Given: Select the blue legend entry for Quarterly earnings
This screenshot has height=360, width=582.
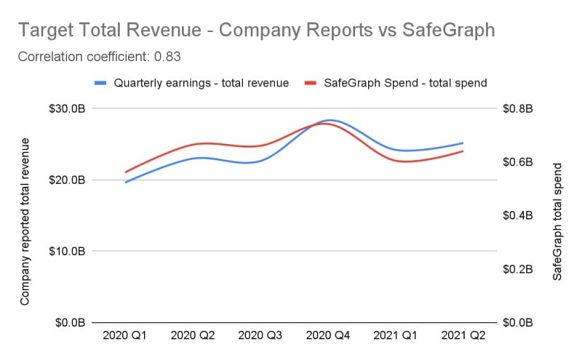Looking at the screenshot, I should (x=192, y=83).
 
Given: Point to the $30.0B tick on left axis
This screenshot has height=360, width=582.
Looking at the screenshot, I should (x=68, y=108).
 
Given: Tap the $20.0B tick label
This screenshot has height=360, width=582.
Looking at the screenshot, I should (x=68, y=180).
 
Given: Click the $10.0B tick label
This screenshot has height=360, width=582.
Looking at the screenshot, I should (x=68, y=251).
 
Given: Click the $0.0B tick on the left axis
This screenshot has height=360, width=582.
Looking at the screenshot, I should (x=71, y=322).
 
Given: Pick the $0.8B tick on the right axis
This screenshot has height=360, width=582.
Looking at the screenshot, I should (x=518, y=108).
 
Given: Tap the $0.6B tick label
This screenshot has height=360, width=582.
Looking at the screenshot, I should (x=518, y=161).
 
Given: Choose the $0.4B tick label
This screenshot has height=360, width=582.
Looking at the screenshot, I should (x=518, y=215).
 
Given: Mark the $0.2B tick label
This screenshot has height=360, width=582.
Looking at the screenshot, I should (x=518, y=269).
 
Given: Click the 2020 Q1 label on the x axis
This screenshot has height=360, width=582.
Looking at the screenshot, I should (x=126, y=337).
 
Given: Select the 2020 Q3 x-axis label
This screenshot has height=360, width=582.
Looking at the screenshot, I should (x=260, y=337).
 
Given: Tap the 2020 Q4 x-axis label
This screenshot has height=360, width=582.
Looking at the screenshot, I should (x=328, y=337).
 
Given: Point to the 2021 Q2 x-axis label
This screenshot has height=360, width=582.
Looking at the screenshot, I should (x=463, y=337).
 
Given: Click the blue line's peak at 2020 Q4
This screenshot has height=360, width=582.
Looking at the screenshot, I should (x=330, y=119).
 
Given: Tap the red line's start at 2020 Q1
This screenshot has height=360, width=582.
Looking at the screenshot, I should (x=126, y=172).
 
